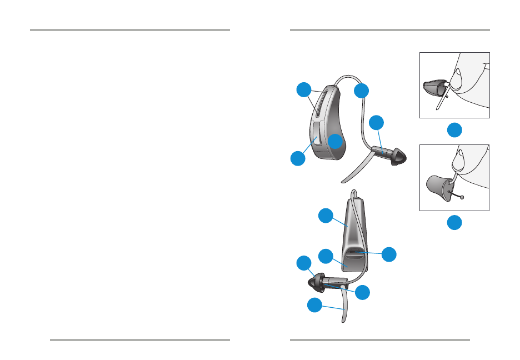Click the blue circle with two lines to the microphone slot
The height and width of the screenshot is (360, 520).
(303, 90)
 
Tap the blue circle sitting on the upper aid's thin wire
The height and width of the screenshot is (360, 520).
(362, 91)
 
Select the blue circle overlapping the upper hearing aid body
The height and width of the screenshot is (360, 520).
(335, 141)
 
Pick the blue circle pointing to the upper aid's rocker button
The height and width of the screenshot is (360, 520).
(298, 158)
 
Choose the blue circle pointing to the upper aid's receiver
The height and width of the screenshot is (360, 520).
(377, 122)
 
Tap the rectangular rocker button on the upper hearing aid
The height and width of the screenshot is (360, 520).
(315, 137)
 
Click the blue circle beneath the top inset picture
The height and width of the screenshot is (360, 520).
(454, 130)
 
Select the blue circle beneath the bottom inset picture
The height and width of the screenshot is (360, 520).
(454, 223)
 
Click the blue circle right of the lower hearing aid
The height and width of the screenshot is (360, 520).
(389, 254)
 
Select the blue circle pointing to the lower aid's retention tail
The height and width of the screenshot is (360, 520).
(315, 304)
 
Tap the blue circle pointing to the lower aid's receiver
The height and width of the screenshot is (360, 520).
(362, 292)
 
